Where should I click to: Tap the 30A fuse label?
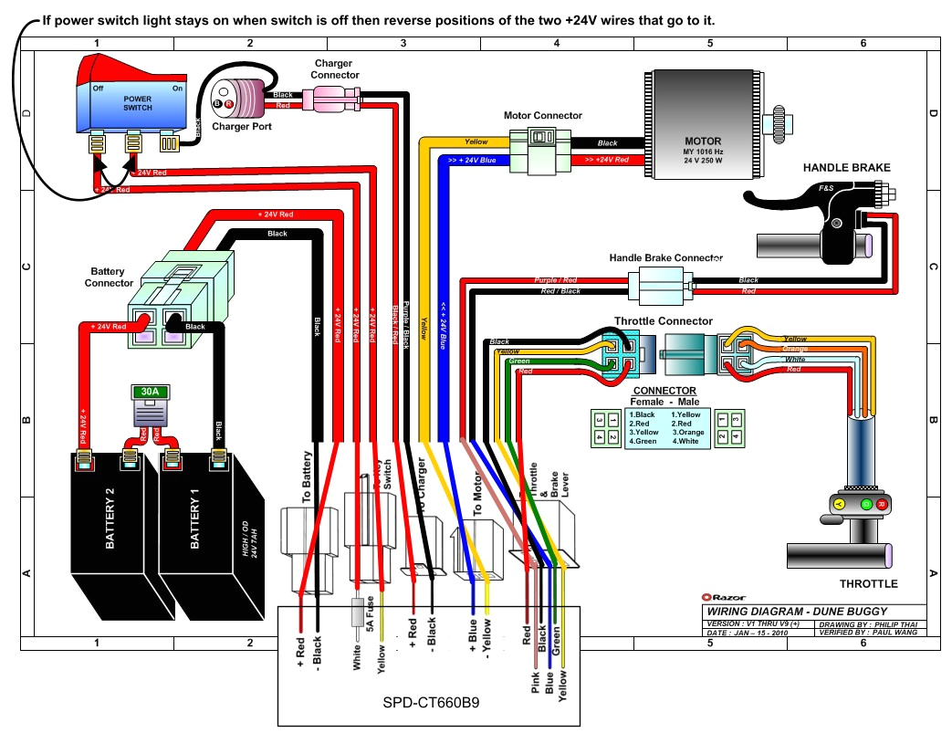click(x=148, y=392)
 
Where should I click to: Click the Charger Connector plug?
click(x=335, y=96)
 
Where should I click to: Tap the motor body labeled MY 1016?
click(x=703, y=123)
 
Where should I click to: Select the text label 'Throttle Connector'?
click(x=663, y=321)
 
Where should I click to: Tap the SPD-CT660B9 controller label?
click(x=429, y=704)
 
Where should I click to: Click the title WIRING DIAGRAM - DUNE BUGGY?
click(x=795, y=612)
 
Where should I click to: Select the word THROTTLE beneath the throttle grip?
click(x=868, y=584)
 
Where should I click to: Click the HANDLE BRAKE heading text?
click(x=846, y=168)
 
